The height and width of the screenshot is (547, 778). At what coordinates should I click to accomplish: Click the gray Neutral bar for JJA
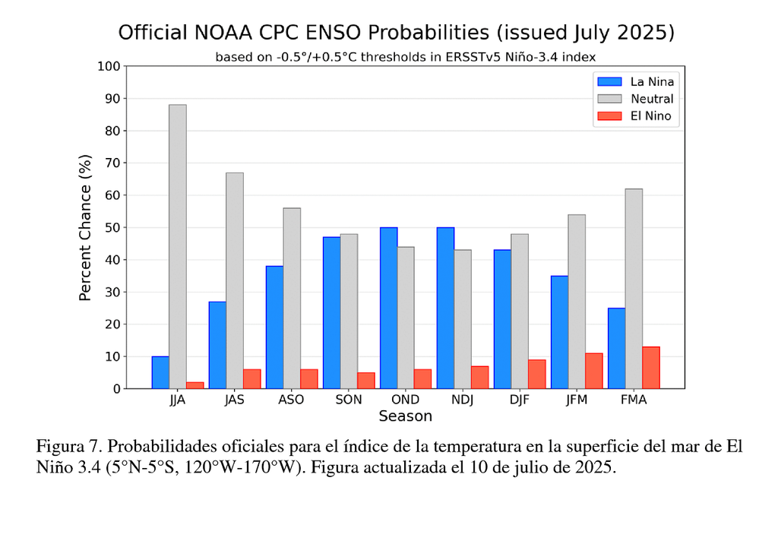tap(178, 247)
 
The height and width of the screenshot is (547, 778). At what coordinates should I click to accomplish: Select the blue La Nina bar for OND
tap(388, 308)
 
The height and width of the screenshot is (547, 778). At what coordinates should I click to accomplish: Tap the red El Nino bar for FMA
tap(651, 368)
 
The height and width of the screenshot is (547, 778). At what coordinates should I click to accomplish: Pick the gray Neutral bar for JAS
tap(235, 280)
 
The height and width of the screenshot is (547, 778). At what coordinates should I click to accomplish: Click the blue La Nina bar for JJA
tap(160, 372)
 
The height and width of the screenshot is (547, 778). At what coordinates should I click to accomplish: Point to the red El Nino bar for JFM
tap(594, 371)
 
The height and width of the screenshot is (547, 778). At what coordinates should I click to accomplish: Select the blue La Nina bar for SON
tap(331, 313)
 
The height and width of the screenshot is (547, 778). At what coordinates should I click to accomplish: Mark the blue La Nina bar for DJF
tap(502, 319)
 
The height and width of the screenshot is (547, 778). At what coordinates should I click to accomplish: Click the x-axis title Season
tap(405, 416)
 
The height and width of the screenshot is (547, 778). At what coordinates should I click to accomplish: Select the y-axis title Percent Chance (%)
tap(85, 228)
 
